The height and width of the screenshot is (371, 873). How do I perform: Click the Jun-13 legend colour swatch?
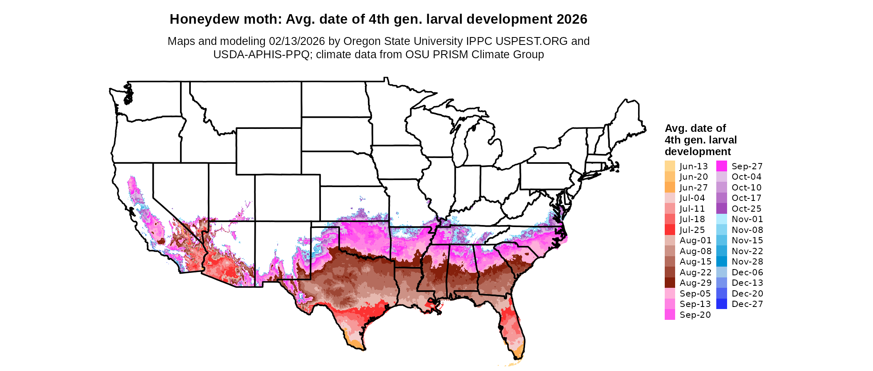tap(670, 166)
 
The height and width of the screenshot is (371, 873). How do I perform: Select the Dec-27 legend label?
tap(747, 304)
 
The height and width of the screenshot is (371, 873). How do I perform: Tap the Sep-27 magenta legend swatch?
tap(722, 166)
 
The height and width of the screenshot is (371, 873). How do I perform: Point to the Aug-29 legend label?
tap(695, 283)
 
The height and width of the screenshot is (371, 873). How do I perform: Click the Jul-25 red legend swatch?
tap(670, 230)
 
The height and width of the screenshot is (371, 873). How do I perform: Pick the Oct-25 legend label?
tap(747, 209)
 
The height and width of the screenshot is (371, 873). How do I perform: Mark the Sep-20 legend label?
tap(695, 315)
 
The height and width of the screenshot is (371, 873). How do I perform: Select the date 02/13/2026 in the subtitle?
tap(297, 41)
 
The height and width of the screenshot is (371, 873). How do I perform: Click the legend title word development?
tap(698, 151)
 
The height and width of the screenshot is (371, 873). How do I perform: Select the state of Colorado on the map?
tap(287, 198)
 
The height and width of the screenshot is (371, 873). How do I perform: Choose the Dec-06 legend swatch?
tap(722, 272)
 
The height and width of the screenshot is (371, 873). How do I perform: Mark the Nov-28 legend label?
tap(747, 262)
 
